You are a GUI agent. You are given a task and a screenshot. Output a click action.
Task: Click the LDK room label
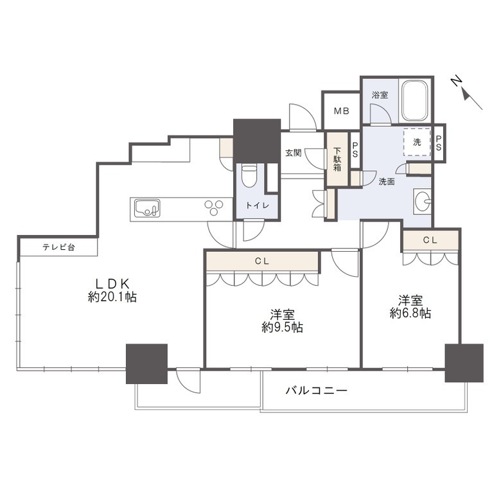coord(113,283)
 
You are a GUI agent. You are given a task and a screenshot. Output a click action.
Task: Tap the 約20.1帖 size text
coord(112,297)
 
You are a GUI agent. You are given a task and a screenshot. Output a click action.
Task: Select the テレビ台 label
coord(59,247)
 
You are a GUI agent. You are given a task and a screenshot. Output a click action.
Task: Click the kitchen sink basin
coord(147,208)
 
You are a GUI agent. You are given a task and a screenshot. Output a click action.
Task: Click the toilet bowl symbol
coord(249,176)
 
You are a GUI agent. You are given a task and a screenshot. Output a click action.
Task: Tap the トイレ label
coord(258,206)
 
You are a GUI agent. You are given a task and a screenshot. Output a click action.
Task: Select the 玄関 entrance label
coord(294,153)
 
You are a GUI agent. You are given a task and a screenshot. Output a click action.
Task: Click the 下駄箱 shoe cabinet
coord(337,159)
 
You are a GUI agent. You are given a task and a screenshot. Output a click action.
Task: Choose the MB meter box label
coord(342,111)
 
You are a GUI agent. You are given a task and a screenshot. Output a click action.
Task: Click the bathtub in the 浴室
coord(415,100)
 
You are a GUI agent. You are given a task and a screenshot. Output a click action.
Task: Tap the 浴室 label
coord(380,95)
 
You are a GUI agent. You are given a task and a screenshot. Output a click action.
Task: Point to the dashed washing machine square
coord(417,142)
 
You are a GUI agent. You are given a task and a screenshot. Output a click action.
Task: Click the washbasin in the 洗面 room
coord(422,201)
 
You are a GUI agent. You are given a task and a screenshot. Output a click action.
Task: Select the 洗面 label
coord(387,182)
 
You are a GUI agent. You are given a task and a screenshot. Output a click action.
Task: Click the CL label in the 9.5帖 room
coord(261,261)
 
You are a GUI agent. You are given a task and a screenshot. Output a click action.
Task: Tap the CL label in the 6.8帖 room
coord(430,240)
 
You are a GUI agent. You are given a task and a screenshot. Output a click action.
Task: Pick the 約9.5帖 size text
coord(282,328)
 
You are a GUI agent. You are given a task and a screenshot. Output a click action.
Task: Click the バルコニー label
coord(316,390)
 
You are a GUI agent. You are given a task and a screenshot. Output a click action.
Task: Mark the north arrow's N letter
coord(457,81)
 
